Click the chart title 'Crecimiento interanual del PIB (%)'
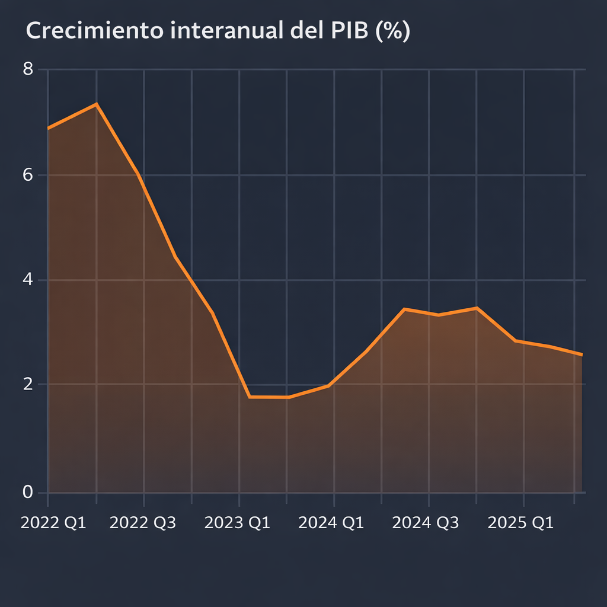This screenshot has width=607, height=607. (x=218, y=32)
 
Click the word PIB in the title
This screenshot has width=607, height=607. (x=343, y=32)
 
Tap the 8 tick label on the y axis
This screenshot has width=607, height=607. (x=28, y=69)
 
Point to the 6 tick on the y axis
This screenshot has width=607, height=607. (x=28, y=175)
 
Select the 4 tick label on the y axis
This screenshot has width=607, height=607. (x=28, y=280)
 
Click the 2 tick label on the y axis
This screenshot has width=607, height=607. (x=28, y=384)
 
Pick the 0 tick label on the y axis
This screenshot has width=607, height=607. (x=28, y=492)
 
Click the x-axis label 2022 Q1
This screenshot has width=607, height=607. (x=53, y=523)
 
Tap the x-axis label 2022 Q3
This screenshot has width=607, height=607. (x=143, y=523)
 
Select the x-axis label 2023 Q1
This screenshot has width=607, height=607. (x=237, y=523)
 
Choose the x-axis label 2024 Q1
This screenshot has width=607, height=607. (x=331, y=523)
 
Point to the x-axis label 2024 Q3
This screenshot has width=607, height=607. (x=426, y=523)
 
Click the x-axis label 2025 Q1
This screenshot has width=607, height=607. (x=520, y=523)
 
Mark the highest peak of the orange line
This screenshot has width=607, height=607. (x=96, y=104)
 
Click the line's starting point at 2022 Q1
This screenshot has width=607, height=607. (x=48, y=128)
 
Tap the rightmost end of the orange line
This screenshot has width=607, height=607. (x=582, y=354)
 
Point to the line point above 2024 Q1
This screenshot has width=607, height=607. (x=334, y=382)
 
